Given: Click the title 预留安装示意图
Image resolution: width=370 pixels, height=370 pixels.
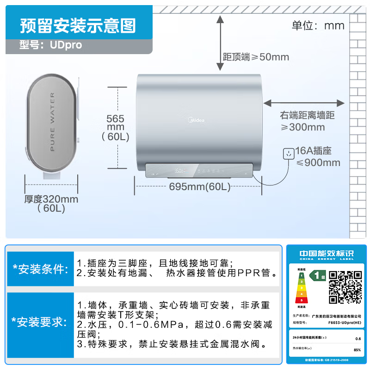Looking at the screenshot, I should (78, 25).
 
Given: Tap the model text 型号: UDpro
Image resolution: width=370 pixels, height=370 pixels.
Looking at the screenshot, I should (51, 45).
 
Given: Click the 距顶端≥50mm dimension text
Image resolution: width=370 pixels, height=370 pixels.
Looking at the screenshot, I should (256, 57).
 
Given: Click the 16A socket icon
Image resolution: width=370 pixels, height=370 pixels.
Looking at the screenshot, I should (289, 154).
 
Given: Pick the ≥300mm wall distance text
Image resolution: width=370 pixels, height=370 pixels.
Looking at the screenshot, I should (303, 127).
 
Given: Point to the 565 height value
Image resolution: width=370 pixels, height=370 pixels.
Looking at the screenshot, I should (115, 118).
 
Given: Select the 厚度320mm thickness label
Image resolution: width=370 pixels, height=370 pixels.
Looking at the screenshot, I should (51, 199).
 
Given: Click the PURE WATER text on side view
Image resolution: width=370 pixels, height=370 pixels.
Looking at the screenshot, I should (52, 122).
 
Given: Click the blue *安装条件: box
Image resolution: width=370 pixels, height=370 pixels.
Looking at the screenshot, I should (41, 269).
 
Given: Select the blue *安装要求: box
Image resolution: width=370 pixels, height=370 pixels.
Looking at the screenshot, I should (41, 322).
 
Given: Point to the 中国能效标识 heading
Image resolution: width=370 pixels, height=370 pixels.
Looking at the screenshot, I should (326, 254).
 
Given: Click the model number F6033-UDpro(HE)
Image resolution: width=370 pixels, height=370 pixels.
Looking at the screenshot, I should (345, 323).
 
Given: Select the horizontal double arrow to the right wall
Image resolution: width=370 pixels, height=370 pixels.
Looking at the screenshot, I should (304, 103).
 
